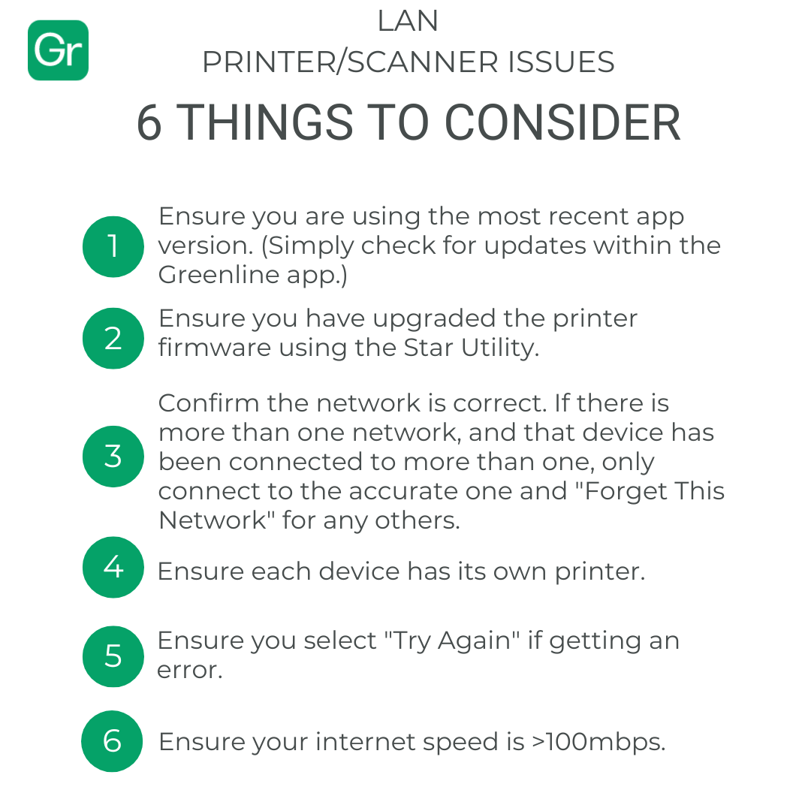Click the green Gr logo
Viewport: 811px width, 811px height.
click(x=58, y=50)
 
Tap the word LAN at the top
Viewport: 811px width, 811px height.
click(x=408, y=21)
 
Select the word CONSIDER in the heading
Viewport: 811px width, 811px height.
click(x=562, y=122)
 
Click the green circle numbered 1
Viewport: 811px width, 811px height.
click(x=113, y=247)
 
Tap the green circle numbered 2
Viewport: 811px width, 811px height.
click(x=113, y=338)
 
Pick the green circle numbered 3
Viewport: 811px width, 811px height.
click(x=113, y=457)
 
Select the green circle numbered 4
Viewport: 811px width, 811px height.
click(x=113, y=567)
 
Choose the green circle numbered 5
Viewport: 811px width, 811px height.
click(x=113, y=656)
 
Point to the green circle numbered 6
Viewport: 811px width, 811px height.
click(x=112, y=741)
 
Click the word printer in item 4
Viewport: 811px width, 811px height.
click(x=600, y=572)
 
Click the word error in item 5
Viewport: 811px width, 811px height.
click(x=190, y=671)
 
